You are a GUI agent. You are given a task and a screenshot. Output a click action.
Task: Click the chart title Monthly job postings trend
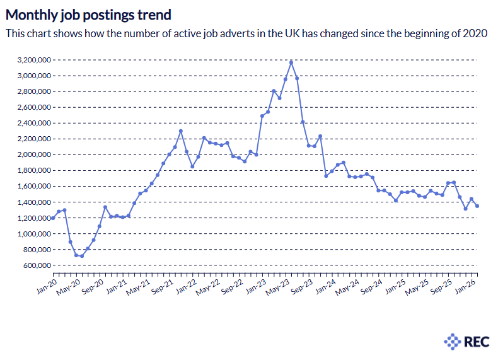click(x=88, y=14)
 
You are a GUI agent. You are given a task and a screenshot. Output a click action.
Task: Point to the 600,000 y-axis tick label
click(x=35, y=265)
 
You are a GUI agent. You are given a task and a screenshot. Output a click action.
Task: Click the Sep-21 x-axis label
click(x=162, y=286)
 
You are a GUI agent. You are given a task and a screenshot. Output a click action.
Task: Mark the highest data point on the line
click(x=291, y=62)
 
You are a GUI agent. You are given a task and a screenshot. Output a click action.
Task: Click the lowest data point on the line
click(x=81, y=256)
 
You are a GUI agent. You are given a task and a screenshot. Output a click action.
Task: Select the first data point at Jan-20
click(x=53, y=218)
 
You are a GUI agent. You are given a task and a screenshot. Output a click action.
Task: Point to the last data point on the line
click(x=477, y=206)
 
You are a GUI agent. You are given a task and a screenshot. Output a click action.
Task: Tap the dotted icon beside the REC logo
click(x=453, y=342)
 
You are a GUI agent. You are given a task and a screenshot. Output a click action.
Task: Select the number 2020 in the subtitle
click(x=475, y=33)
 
